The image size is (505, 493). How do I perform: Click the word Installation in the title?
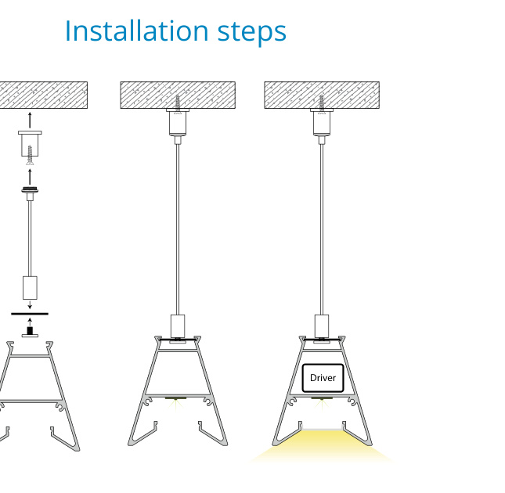[x=136, y=31]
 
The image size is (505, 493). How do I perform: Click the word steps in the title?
[x=252, y=33]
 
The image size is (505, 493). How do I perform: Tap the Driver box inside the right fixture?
[x=323, y=378]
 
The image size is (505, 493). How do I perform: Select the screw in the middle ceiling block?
[x=178, y=103]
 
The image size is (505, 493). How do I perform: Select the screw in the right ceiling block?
[x=322, y=103]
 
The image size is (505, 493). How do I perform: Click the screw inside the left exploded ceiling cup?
[x=30, y=155]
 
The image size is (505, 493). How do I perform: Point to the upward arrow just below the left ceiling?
[x=30, y=120]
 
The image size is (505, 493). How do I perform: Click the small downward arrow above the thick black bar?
[x=30, y=304]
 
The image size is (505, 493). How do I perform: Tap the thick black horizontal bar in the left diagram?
[x=30, y=314]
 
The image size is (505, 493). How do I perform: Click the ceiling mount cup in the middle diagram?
[x=178, y=122]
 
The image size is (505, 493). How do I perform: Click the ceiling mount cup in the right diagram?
[x=322, y=122]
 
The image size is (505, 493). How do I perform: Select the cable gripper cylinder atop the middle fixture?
[x=178, y=326]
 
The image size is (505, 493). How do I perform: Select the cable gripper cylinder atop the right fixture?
[x=322, y=326]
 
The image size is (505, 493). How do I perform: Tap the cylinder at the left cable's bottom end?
[x=30, y=288]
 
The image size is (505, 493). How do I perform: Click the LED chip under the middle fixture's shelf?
[x=176, y=399]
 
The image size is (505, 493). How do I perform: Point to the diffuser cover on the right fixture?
[x=322, y=430]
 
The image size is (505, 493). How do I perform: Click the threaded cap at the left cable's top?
[x=30, y=190]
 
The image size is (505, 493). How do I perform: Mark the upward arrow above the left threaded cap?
[x=30, y=177]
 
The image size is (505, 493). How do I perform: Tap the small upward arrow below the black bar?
[x=30, y=322]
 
